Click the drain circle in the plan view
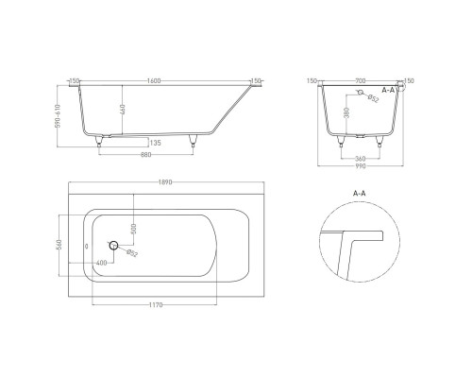point(114,246)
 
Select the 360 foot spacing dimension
point(359,158)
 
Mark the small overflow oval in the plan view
point(88,246)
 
